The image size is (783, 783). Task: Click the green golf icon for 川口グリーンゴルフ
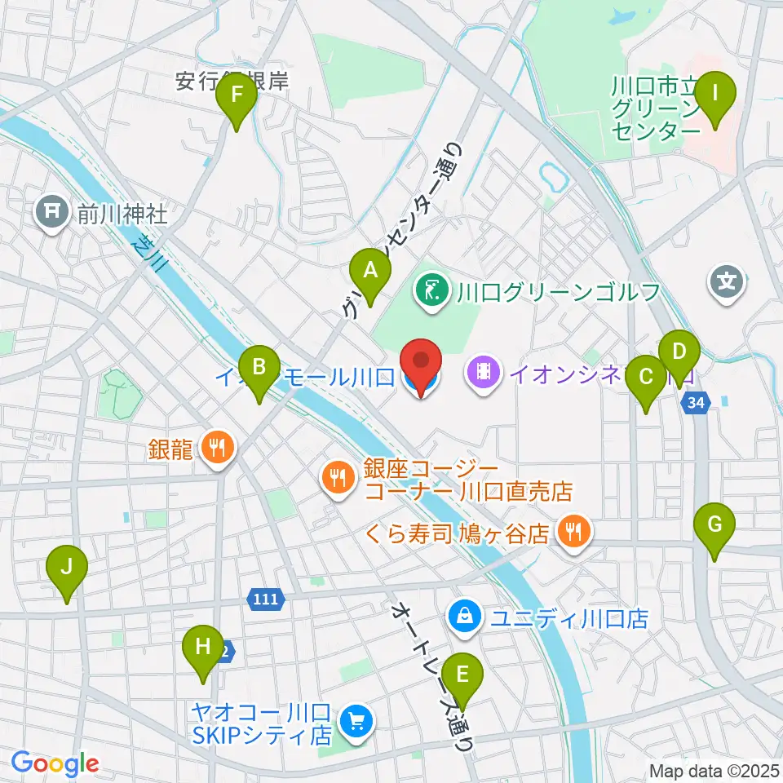coord(432,291)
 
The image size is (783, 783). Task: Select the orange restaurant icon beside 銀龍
coord(217,448)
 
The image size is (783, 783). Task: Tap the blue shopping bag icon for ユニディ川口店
coord(464,617)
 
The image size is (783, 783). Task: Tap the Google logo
coord(55,763)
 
